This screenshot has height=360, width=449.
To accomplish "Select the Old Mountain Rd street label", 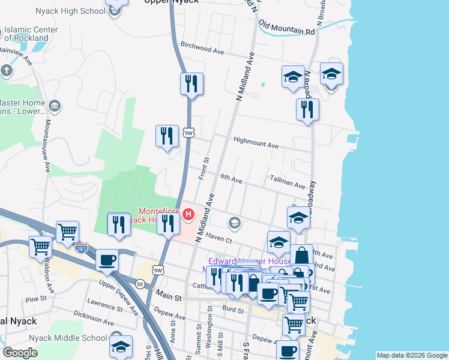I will [286, 28].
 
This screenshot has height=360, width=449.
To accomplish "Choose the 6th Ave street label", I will [231, 179].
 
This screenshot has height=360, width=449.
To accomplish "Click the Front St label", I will [203, 169].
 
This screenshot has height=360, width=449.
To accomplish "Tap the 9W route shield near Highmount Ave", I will [189, 133].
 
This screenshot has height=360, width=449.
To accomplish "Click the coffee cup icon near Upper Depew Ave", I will [107, 260].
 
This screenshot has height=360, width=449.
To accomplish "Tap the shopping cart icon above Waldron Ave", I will [40, 247].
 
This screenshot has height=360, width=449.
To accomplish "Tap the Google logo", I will [20, 353].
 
